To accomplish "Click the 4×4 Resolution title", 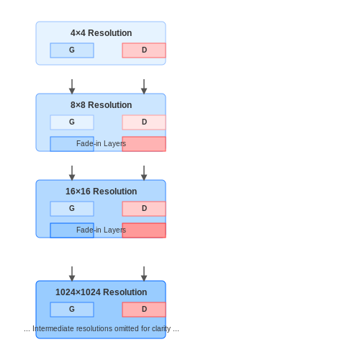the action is point(101,33).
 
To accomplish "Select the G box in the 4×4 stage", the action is point(72,50).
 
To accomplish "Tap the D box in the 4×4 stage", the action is point(144,50).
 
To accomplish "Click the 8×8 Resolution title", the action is point(101,105).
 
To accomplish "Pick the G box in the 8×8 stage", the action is point(72,122).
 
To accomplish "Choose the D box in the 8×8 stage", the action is point(144,122).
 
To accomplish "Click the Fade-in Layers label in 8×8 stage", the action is point(101,143).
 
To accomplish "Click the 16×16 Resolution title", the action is point(101,192).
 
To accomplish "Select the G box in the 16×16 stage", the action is point(72,209).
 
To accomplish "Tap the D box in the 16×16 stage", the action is point(144,209).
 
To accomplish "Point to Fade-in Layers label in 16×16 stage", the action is point(101,230).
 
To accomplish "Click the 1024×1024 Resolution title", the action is point(101,292).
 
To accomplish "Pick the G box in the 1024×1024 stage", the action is point(72,310).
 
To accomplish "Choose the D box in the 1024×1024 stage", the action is point(144,310).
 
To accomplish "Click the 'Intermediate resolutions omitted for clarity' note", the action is point(102,328).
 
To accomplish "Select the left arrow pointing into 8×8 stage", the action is point(72,86).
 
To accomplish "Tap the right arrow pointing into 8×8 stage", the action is point(144,86).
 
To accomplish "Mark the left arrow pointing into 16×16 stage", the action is point(72,173).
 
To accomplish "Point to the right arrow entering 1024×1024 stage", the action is point(144,274).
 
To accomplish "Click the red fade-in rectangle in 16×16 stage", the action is point(144,230).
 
